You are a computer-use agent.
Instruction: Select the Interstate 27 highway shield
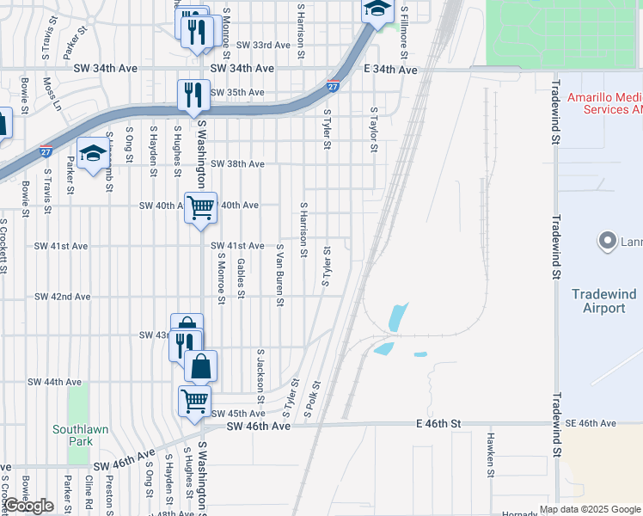pos(333,86)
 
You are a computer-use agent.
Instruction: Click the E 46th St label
pos(438,424)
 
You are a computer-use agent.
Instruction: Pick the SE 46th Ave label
pos(590,424)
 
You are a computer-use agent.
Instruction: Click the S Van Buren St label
pos(279,274)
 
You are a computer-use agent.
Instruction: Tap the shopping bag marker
pos(200,366)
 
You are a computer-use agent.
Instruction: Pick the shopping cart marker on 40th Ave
pos(200,207)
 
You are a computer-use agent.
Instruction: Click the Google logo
pos(29,507)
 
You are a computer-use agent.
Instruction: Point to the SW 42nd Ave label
pos(62,297)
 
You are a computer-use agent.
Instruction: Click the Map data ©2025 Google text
pos(589,509)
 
